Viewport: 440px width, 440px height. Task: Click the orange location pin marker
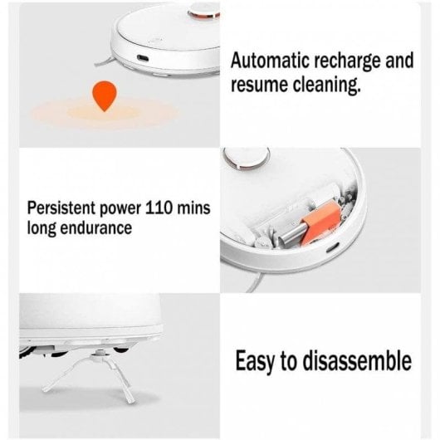105,95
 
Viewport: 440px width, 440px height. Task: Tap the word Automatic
270,61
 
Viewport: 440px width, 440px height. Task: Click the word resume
259,85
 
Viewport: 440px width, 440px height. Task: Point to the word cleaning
326,86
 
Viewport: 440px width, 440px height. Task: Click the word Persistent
61,208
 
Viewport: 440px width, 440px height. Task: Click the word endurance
96,227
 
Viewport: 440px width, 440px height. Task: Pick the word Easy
254,361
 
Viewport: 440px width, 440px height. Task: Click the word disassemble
358,359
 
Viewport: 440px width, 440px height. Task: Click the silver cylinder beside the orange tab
292,233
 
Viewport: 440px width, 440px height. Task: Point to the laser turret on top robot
203,12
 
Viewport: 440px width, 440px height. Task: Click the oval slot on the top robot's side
143,58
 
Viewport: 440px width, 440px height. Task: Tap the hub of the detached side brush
99,354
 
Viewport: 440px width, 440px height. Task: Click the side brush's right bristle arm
120,381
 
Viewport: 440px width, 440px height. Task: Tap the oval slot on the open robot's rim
333,247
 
